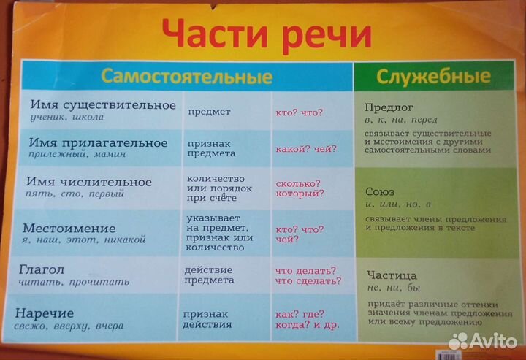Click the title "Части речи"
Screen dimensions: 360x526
266,34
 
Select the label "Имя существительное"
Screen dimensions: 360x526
94,105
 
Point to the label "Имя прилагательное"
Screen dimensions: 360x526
96,142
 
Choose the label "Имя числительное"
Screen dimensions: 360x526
88,182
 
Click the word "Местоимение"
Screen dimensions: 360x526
69,227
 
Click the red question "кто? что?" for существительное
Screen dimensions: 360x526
300,112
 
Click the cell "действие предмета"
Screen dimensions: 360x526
211,275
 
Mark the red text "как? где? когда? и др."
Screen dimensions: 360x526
306,318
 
